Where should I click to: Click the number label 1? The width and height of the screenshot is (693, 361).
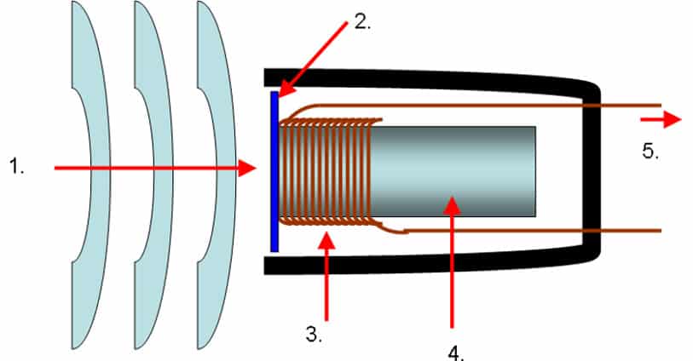pos(18,168)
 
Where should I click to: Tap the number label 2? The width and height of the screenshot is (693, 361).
pos(363,23)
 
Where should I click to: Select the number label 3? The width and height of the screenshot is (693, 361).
pos(315,335)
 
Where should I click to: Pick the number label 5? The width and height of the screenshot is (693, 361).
pos(651,152)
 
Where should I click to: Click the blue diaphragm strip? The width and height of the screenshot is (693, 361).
pos(274,170)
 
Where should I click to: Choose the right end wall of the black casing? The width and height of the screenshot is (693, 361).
pos(594,170)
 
